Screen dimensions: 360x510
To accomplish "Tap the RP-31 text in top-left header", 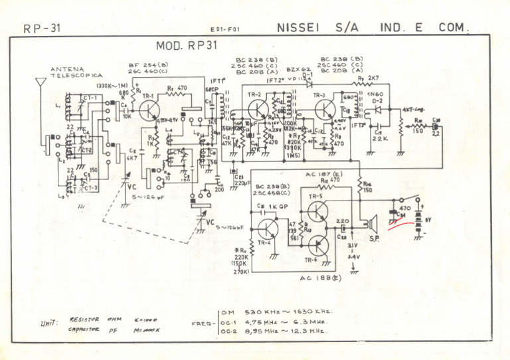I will [x=42, y=29].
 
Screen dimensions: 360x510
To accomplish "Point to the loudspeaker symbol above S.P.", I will [x=374, y=222].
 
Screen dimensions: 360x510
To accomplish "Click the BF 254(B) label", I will [x=147, y=64].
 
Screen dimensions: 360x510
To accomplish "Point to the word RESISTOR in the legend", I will [x=84, y=319].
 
